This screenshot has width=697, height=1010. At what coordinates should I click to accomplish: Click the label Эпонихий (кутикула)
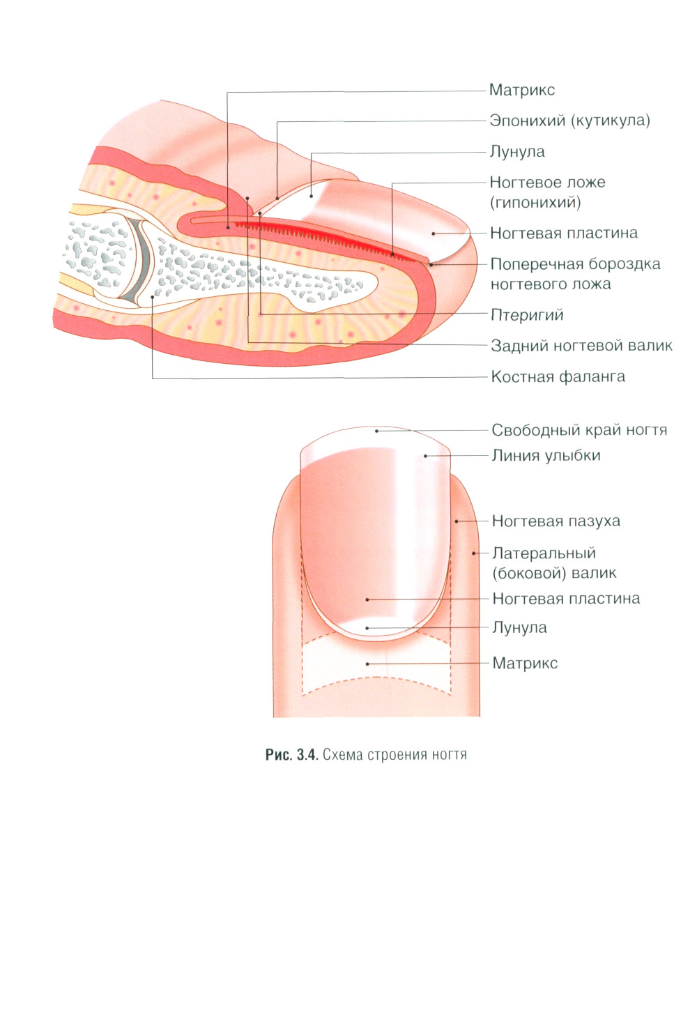pos(569,121)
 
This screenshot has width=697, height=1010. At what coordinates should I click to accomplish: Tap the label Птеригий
pos(526,315)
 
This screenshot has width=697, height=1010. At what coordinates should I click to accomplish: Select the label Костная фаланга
pos(558,377)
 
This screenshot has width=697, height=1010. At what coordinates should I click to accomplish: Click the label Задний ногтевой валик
pos(581,346)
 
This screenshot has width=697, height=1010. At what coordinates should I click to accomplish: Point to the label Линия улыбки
pos(546,456)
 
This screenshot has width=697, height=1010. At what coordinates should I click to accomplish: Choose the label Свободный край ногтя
pos(579,430)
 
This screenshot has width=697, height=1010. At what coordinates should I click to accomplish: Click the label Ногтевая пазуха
pos(556,521)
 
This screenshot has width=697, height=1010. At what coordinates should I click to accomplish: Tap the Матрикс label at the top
pos(521,90)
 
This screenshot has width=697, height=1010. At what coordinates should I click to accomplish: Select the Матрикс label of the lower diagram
pos(525,664)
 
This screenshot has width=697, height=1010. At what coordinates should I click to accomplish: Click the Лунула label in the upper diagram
pos(516,152)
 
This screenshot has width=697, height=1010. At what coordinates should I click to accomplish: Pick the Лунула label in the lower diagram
pos(519,628)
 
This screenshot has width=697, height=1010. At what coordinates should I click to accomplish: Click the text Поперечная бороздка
pos(575,264)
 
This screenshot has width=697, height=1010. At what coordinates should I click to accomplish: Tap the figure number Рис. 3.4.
pos(291,755)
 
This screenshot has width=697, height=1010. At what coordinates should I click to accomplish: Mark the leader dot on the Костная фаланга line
pos(153,298)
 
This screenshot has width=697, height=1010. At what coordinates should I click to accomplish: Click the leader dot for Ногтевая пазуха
pos(457,521)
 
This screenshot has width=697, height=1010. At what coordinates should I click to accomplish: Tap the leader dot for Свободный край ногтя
pos(376,431)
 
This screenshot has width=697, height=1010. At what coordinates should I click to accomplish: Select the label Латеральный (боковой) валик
pos(554,563)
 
